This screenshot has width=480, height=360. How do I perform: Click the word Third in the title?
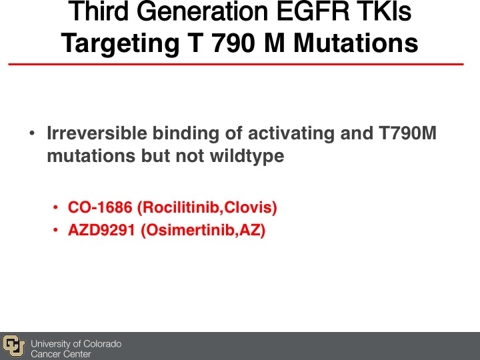pos(99,11)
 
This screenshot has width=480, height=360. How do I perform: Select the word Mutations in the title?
pos(356,43)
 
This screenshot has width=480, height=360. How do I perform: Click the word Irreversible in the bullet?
pos(97,133)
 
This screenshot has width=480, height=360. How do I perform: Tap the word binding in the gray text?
pos(186,134)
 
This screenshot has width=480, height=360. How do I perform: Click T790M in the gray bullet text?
pos(407,133)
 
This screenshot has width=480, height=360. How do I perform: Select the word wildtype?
pos(247,157)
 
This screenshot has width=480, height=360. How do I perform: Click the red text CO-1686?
pos(100,207)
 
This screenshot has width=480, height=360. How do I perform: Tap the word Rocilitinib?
pos(179,207)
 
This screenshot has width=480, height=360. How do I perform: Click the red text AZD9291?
pos(101,230)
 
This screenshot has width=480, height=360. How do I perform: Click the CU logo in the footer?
pos(14,346)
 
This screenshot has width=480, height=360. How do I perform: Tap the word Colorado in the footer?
pos(102,344)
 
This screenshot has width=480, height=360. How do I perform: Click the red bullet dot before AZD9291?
pos(55,230)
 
